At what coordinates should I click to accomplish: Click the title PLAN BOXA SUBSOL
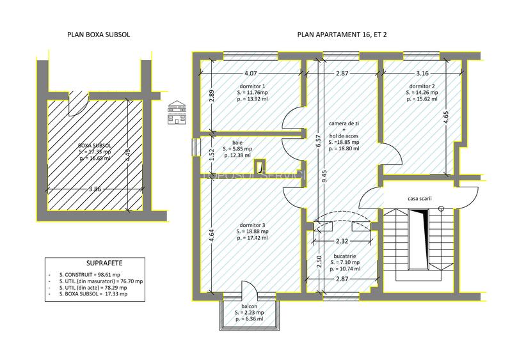click(x=98, y=35)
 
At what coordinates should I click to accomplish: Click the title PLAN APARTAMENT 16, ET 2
click(x=342, y=35)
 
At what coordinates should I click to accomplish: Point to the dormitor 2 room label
click(x=422, y=86)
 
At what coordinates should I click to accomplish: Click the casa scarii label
click(x=419, y=199)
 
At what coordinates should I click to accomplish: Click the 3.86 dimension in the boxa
click(x=94, y=189)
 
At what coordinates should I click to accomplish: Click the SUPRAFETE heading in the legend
click(x=104, y=263)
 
